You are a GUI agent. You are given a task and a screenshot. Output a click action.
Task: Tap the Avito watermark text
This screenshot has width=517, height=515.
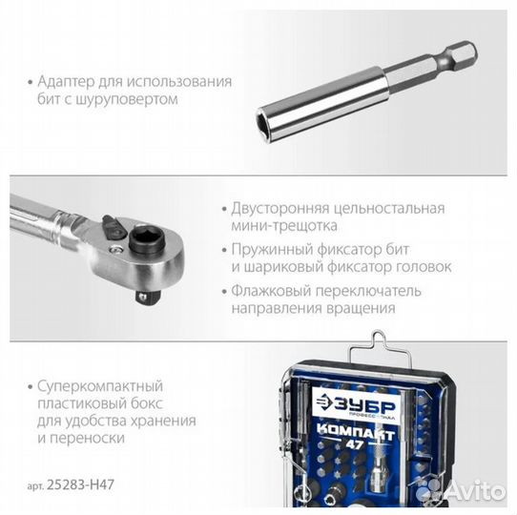tap(472, 490)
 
